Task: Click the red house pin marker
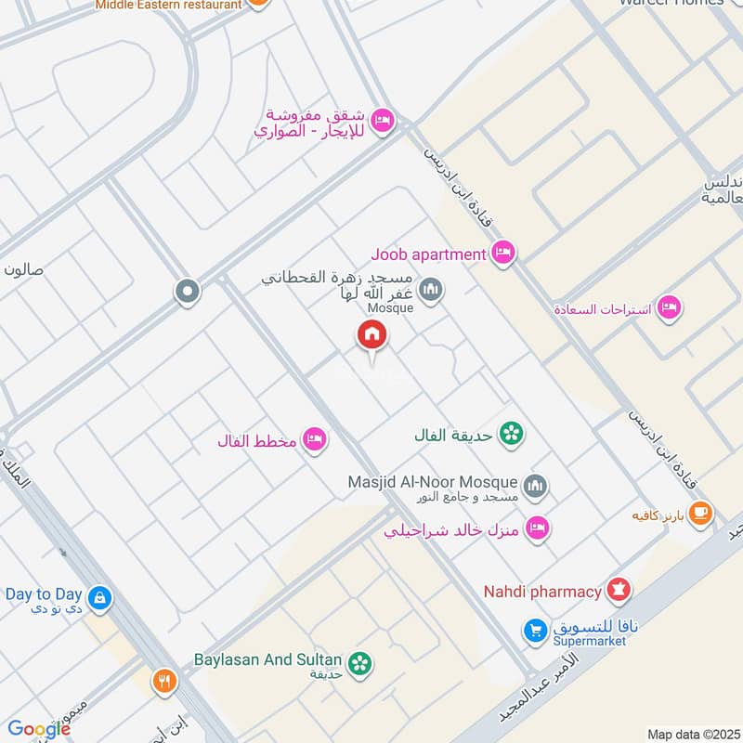point(371,335)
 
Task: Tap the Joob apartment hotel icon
point(503,253)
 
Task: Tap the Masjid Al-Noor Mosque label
point(432,483)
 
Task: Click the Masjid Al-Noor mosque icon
point(534,485)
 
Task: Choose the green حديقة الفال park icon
point(510,433)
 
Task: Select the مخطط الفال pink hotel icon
point(315,439)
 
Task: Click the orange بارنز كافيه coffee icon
point(700,513)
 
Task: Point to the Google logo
point(39,729)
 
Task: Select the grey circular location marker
point(188,292)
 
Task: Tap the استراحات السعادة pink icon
point(668,306)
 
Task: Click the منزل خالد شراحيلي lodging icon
point(536,529)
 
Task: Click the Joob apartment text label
point(428,254)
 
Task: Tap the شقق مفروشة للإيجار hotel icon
point(381,122)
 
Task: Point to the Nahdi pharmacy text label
point(542,591)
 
